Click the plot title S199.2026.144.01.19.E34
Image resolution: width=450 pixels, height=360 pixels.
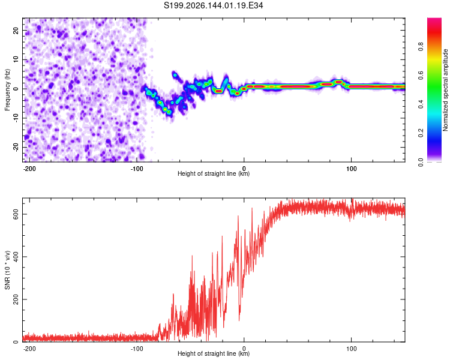click(x=213, y=5)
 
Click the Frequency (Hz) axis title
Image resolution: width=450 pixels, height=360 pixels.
click(x=7, y=90)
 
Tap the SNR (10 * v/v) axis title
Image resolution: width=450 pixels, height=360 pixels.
click(x=7, y=270)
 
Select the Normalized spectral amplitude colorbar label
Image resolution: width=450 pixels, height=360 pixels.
click(x=445, y=90)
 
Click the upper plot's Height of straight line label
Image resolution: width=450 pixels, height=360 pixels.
click(x=214, y=173)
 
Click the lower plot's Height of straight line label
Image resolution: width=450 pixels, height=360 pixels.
click(x=214, y=353)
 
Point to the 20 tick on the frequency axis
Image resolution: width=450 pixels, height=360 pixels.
click(x=16, y=30)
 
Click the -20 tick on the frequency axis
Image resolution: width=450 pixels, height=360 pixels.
click(x=16, y=147)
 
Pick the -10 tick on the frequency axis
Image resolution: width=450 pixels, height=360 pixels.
click(x=16, y=118)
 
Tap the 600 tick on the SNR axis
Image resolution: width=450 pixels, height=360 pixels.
click(x=16, y=214)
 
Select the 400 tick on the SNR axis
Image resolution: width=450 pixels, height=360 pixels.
click(x=16, y=257)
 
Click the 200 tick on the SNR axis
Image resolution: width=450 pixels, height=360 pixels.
click(x=16, y=299)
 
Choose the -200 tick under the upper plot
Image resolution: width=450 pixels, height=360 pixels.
click(x=29, y=169)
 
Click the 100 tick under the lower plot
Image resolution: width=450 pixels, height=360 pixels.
click(x=351, y=349)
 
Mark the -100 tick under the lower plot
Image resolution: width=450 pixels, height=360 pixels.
click(x=137, y=349)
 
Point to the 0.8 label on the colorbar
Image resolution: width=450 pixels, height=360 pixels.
click(x=421, y=46)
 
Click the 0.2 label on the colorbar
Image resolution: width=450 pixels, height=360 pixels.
click(x=421, y=133)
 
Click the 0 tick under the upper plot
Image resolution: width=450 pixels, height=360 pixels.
click(x=244, y=169)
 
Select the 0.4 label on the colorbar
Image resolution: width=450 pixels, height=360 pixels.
click(x=421, y=104)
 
